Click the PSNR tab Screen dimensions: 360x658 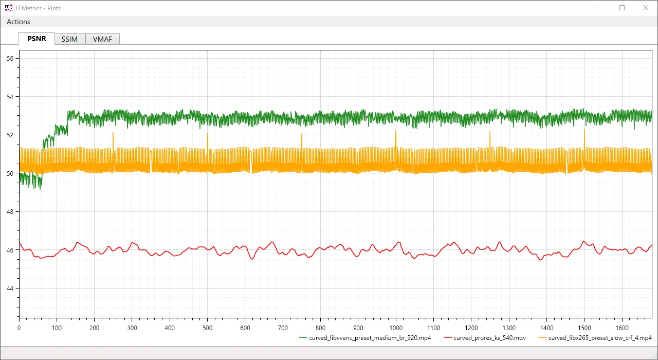point(36,39)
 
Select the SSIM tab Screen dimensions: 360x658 point(69,39)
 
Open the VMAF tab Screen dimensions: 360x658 point(102,39)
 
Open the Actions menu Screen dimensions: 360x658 point(19,22)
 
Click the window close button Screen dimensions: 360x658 point(646,8)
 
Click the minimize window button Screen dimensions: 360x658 point(599,8)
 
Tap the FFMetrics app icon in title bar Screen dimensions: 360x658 point(8,8)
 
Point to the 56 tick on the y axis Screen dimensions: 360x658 point(10,59)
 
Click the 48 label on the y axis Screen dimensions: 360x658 point(10,212)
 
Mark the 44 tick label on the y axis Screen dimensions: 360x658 point(10,289)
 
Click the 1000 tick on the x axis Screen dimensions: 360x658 point(396,328)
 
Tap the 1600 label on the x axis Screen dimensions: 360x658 point(622,328)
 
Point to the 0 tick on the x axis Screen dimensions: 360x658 point(19,328)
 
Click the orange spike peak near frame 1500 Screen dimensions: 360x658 point(584,129)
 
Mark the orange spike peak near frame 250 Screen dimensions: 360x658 point(113,133)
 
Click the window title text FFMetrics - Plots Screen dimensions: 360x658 point(38,8)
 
